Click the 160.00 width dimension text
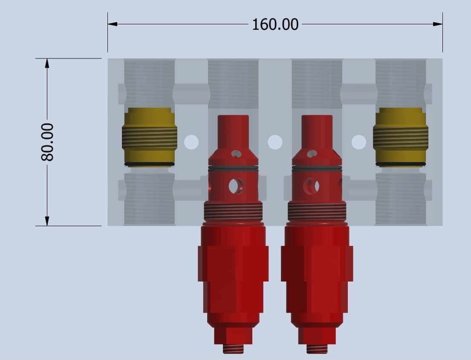275,24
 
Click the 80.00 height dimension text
47,142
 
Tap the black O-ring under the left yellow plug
149,164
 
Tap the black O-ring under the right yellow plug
400,164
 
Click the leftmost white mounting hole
191,142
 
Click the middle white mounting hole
275,142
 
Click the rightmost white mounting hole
358,142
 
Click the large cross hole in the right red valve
311,186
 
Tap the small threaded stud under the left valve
233,349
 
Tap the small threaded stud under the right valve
317,349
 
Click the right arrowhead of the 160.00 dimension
438,24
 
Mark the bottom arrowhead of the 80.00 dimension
47,221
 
